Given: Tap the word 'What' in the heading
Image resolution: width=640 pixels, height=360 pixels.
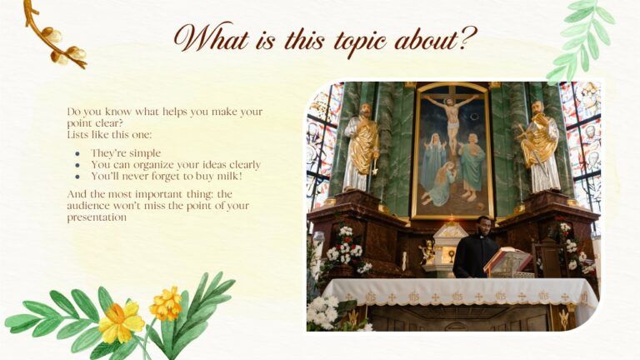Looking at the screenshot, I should [211, 37].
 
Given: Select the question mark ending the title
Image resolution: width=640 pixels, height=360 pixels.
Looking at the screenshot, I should [470, 37].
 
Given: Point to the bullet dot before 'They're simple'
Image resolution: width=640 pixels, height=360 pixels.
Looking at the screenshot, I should [77, 154].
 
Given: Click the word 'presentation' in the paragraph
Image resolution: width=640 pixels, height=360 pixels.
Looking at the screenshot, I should [97, 217].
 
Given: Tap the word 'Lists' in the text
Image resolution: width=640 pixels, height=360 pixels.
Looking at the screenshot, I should [80, 133].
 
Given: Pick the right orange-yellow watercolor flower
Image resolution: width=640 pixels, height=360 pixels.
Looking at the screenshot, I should [167, 303].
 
